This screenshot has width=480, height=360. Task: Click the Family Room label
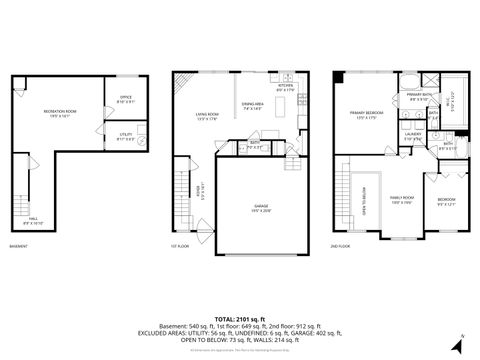[402, 200]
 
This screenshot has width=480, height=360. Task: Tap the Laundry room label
[413, 135]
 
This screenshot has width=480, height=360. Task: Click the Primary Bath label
[419, 97]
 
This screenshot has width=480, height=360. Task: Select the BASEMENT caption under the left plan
[18, 246]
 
